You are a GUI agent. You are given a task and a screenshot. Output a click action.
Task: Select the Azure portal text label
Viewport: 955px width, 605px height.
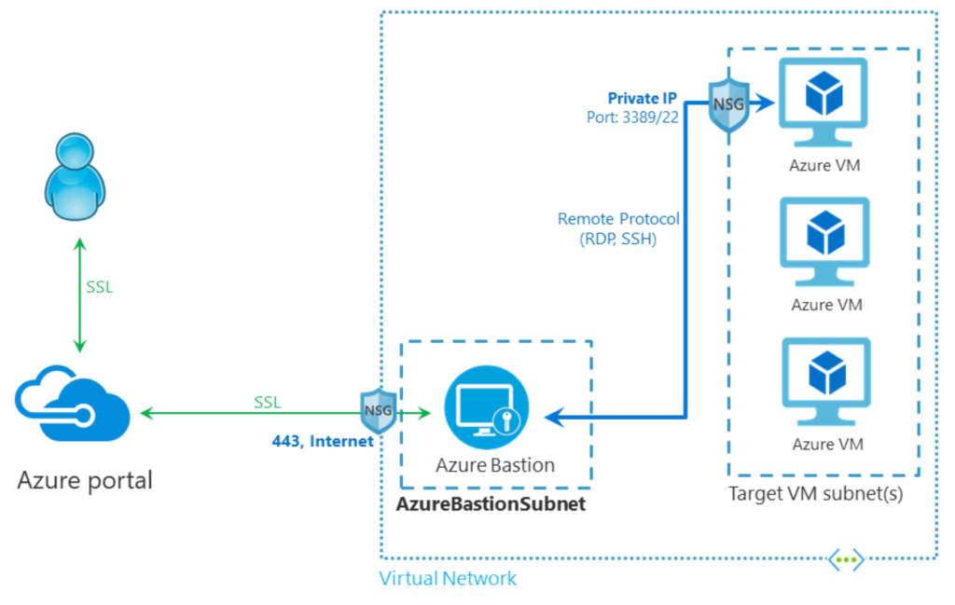pos(85,481)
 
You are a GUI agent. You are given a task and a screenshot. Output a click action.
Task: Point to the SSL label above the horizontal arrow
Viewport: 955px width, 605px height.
pos(268,403)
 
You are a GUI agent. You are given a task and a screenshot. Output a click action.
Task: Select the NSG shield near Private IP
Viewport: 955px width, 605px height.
pos(728,103)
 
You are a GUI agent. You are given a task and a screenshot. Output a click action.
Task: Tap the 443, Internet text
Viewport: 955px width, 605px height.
pos(322,440)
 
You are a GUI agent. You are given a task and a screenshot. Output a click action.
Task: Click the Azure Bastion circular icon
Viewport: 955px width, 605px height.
pos(486,409)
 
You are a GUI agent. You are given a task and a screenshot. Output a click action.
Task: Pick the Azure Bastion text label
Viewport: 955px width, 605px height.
pos(495,464)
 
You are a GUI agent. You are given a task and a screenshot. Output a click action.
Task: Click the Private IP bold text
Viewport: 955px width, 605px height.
pos(642,97)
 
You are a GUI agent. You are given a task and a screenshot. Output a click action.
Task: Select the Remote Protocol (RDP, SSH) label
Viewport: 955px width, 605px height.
pos(618,228)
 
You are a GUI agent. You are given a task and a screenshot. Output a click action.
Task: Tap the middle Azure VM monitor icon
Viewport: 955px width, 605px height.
pos(825,241)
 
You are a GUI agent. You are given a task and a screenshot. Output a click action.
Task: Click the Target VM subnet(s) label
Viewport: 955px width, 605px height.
pos(815,494)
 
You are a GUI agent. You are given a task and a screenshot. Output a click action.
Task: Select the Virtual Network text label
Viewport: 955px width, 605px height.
pos(448,579)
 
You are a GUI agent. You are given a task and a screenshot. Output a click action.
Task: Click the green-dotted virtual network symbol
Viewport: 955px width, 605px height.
pos(846,559)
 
